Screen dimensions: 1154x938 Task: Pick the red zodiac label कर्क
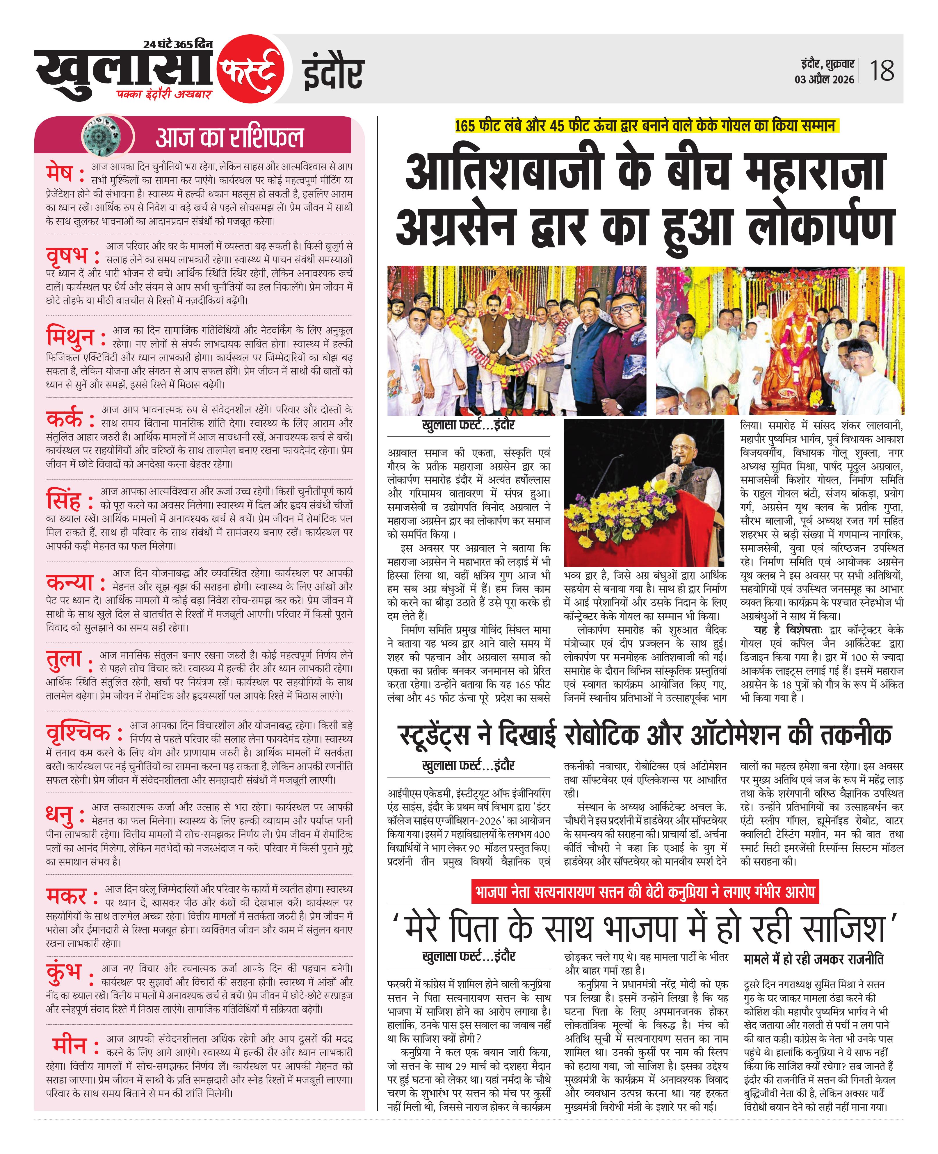click(65, 418)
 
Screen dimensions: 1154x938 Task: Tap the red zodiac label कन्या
click(70, 582)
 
